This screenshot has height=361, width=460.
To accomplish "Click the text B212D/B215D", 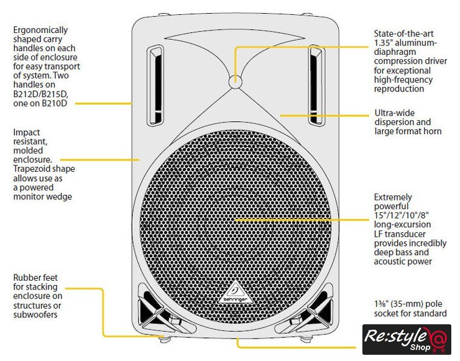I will coord(41,94).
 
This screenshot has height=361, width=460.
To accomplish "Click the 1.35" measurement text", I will coord(384,42).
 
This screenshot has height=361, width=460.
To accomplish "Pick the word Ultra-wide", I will coord(395,113).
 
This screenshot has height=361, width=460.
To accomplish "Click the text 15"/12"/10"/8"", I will coord(404,215).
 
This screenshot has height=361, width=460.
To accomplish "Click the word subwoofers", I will coord(37,314).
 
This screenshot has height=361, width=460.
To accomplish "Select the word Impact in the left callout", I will coord(26,133).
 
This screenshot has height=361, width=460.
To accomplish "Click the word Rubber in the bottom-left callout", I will coord(27,278).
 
